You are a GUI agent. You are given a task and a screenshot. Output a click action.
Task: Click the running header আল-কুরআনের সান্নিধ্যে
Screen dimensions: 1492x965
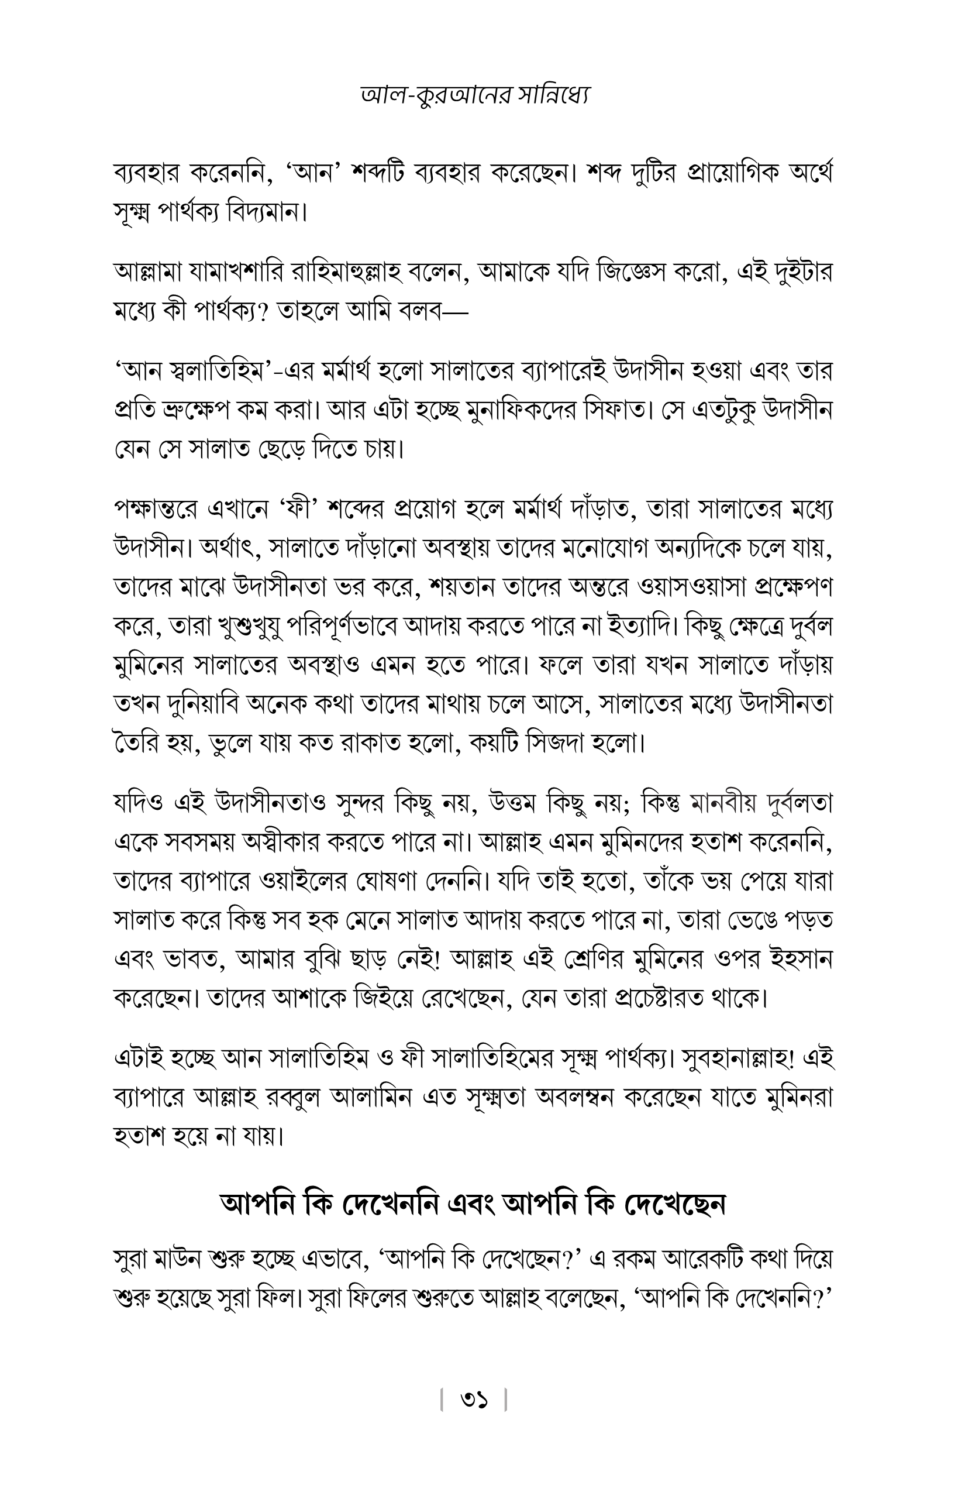click(x=476, y=95)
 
